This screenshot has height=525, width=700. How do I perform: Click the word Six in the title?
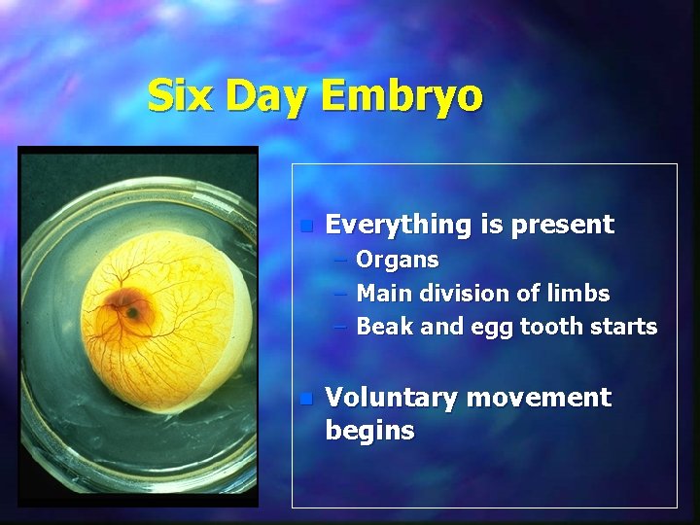(178, 96)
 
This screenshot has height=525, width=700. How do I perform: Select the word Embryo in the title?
(401, 96)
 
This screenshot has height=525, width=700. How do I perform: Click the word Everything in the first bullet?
(397, 225)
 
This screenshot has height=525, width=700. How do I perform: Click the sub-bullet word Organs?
(398, 261)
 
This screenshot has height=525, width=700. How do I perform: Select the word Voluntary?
(393, 398)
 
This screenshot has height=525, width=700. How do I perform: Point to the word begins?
(369, 431)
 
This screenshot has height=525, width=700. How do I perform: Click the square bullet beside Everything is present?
(304, 226)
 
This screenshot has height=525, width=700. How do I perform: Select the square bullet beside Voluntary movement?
(304, 399)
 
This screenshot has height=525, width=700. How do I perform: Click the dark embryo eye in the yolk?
(130, 312)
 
